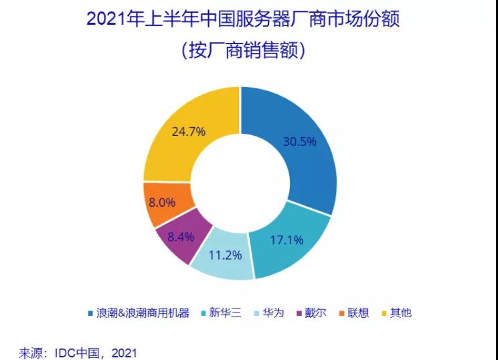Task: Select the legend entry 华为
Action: (274, 312)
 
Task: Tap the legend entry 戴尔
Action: (315, 312)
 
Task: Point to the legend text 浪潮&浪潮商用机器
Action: (143, 312)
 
